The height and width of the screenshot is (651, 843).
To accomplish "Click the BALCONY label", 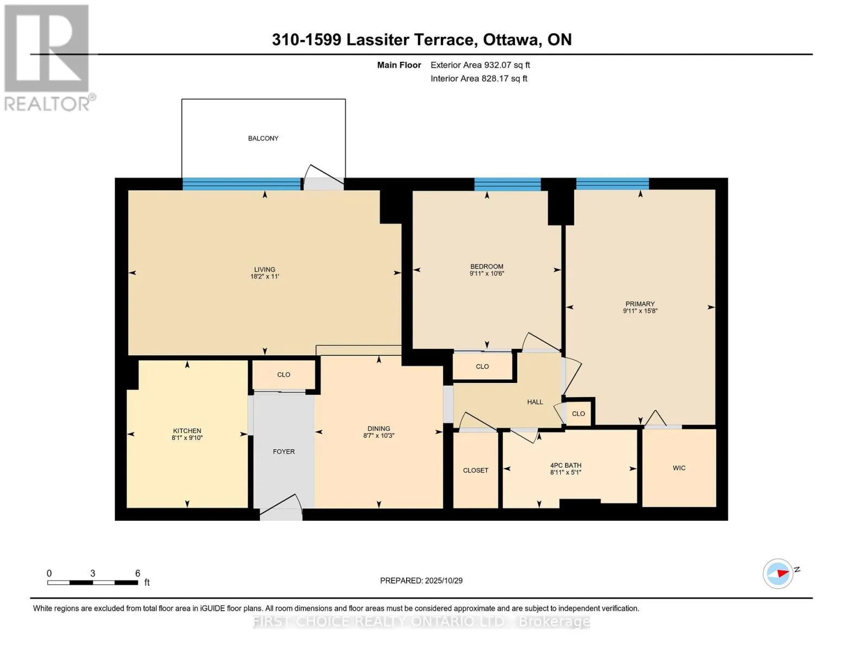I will (x=263, y=138).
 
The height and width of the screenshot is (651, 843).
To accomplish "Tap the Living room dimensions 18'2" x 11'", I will (x=264, y=277).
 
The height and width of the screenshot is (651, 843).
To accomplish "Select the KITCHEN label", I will (x=187, y=431).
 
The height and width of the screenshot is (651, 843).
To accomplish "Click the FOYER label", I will (x=284, y=451).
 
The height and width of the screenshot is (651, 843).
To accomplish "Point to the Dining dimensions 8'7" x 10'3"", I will (x=378, y=436).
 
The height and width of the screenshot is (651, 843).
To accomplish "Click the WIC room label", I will (x=679, y=468).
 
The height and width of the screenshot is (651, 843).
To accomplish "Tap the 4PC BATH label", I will (x=566, y=465).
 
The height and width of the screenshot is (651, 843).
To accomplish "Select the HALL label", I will (x=535, y=402).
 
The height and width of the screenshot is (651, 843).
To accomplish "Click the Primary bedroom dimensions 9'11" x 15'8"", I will (x=640, y=311).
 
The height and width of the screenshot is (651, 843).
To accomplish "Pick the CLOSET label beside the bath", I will (x=476, y=470).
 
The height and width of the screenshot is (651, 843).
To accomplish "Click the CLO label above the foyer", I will (x=284, y=375).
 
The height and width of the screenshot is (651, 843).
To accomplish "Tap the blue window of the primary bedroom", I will (x=612, y=184).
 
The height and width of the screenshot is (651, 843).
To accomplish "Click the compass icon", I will (x=778, y=573).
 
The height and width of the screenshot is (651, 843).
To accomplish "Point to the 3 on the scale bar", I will (x=93, y=573).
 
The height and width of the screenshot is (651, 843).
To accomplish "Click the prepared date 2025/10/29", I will (x=421, y=580).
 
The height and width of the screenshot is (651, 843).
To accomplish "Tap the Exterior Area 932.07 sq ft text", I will (x=480, y=65).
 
